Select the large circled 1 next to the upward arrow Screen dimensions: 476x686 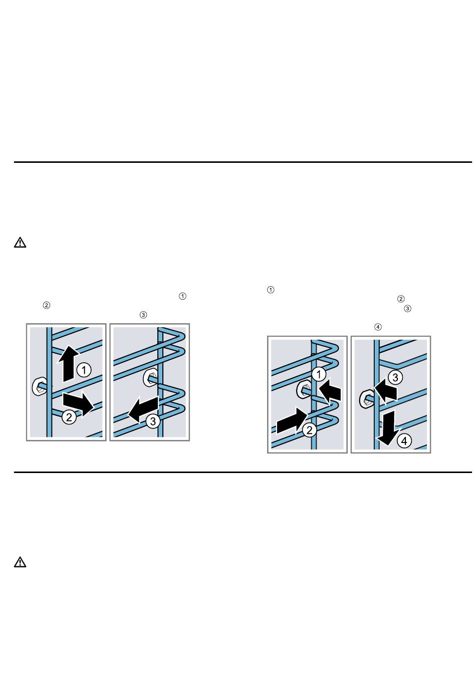(84, 370)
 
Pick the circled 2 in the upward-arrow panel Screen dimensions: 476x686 (69, 417)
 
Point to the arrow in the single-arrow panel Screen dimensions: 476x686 (143, 409)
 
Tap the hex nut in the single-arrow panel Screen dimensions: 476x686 (150, 378)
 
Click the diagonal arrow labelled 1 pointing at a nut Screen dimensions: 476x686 (330, 390)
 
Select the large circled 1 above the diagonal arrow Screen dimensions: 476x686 (319, 374)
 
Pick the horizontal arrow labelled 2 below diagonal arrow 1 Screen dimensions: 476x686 (291, 421)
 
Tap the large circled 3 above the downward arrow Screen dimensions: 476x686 (395, 377)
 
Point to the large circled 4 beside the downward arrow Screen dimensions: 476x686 (404, 441)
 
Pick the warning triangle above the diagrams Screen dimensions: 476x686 (20, 242)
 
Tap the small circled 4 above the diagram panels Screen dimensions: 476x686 (378, 327)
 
